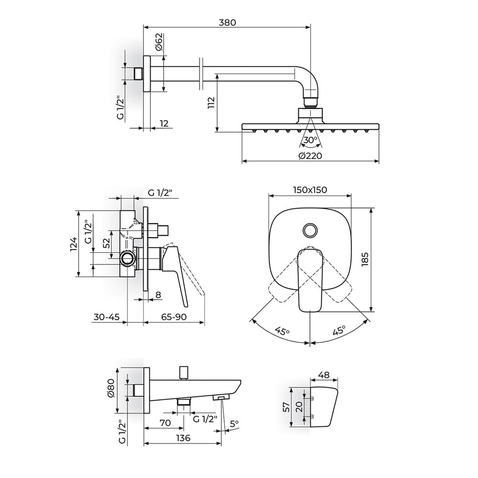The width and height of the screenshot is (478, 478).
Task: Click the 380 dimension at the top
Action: (227, 22)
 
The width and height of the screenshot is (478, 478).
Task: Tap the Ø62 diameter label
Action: (159, 43)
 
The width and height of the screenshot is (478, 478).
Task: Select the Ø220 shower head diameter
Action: (310, 156)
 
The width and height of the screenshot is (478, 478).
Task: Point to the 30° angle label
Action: (311, 140)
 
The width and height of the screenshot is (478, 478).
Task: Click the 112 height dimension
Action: (211, 103)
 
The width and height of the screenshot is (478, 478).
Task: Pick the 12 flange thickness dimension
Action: (163, 123)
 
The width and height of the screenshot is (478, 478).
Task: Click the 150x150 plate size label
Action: (310, 190)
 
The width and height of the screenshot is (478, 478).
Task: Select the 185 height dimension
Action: (365, 259)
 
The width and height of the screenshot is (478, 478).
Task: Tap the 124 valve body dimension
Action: (74, 244)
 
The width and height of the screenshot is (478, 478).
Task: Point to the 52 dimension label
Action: (107, 243)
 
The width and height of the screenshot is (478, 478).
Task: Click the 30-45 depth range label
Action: (107, 317)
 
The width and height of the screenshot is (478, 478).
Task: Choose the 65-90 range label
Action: (174, 317)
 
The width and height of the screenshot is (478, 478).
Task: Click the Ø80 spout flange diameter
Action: (110, 388)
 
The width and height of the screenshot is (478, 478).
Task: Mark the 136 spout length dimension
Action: (183, 438)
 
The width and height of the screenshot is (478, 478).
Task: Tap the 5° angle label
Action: (234, 424)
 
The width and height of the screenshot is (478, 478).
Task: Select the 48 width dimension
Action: (324, 375)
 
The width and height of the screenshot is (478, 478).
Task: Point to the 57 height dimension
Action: (287, 407)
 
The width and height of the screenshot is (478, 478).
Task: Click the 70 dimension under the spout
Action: (165, 423)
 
